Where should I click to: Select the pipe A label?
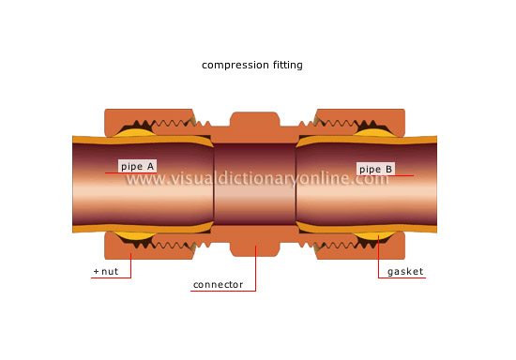point(137,166)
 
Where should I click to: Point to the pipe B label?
point(375,170)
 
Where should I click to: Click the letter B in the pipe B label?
point(388,170)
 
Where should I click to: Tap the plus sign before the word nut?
point(96,272)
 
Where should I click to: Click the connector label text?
point(218,284)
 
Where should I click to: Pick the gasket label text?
point(404,272)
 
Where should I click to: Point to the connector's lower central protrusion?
point(256,247)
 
